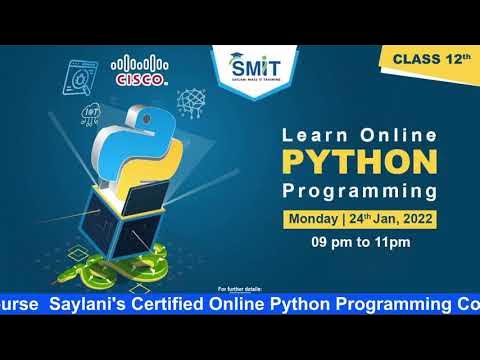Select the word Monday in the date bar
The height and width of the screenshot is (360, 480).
tap(313, 218)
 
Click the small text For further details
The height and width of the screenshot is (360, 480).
tap(239, 287)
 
